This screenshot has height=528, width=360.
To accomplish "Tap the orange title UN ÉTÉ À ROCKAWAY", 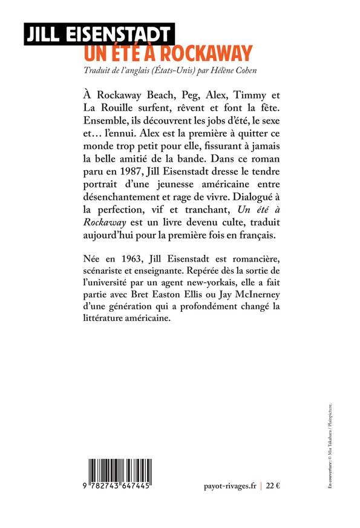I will click(167, 53).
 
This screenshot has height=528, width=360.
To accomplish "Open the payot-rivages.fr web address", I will click(231, 485).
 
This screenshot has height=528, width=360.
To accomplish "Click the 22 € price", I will click(274, 485).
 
